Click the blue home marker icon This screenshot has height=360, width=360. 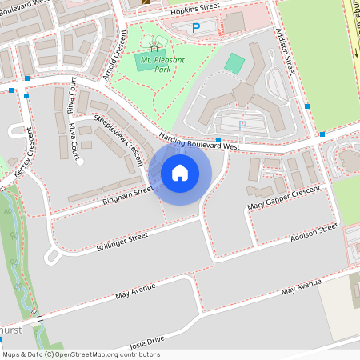click(x=180, y=172)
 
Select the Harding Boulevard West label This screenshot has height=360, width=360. click(x=199, y=141)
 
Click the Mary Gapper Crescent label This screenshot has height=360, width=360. click(x=283, y=197)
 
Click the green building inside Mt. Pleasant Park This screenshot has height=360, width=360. click(x=145, y=60)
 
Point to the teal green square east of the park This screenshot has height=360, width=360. click(x=235, y=62)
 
